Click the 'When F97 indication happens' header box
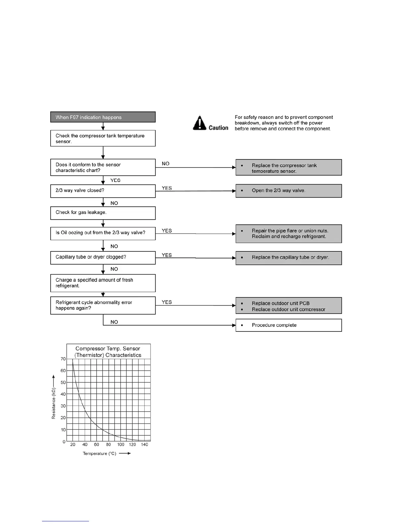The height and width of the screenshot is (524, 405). tap(103, 117)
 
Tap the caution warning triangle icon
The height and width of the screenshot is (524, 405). tap(200, 123)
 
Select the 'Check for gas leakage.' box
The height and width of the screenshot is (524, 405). tap(103, 213)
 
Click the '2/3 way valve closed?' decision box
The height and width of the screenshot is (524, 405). tap(103, 191)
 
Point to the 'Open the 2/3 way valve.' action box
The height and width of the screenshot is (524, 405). tap(289, 191)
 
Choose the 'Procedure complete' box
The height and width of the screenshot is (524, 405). tap(289, 325)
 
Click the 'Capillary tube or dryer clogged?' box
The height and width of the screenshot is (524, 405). tap(103, 257)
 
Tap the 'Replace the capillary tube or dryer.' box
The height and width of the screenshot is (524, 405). tap(289, 258)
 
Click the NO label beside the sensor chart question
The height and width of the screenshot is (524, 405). tap(165, 164)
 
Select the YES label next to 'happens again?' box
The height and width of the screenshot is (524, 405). tap(167, 302)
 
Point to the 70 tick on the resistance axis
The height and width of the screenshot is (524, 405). tap(63, 359)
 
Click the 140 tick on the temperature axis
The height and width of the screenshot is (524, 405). tap(145, 445)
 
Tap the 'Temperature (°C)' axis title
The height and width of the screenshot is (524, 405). tap(100, 454)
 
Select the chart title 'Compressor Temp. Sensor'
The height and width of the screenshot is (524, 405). tap(108, 349)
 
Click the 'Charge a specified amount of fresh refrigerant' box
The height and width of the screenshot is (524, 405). tap(103, 283)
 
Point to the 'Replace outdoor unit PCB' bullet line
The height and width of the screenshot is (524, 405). tap(281, 303)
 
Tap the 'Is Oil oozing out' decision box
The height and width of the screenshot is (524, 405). tap(103, 233)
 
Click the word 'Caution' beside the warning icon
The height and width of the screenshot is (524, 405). tap(218, 128)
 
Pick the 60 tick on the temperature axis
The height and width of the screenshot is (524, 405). tap(97, 445)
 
